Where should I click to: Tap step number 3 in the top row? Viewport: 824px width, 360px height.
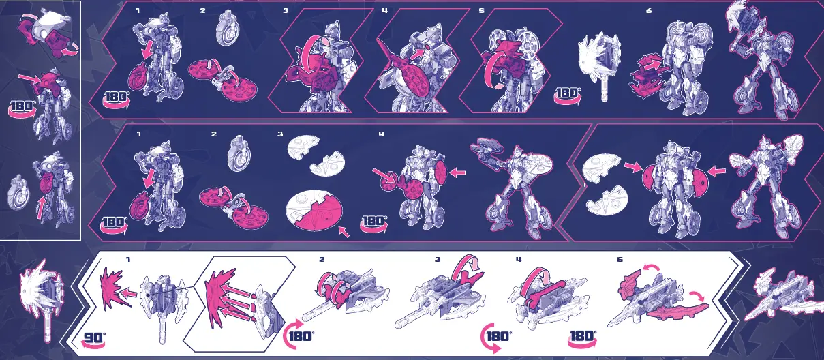point(286,11)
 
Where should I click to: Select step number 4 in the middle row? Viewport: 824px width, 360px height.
point(382,134)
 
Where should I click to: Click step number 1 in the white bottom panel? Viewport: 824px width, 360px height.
point(128,260)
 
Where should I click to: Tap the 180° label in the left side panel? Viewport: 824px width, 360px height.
point(23,106)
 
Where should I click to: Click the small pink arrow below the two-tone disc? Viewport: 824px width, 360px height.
point(344,232)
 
